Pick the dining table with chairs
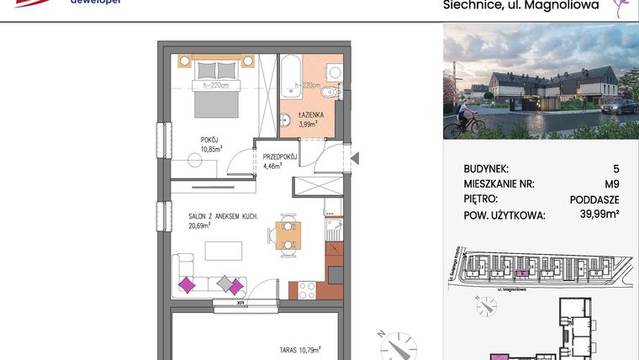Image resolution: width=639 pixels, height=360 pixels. pos(288,235)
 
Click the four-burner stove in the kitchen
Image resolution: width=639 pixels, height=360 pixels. pos(306,290)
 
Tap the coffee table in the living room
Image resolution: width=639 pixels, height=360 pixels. pos(224,251)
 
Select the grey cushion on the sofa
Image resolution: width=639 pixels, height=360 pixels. pos(225,284)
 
